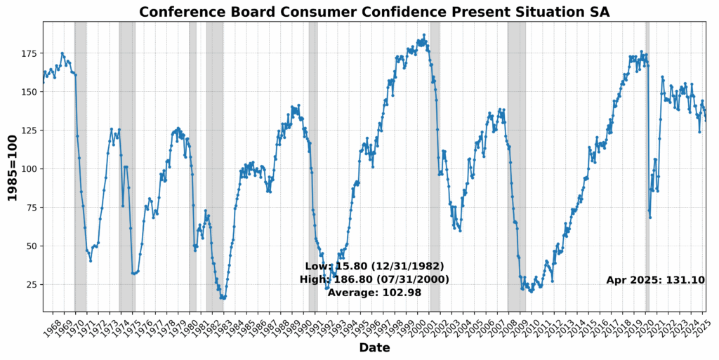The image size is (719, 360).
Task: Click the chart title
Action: point(374,12)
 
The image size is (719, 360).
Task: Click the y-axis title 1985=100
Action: point(12,166)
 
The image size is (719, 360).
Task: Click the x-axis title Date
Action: point(374,348)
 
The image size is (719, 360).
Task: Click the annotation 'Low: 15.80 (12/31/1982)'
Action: point(374,267)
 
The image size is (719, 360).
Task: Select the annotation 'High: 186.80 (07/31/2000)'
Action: point(374,279)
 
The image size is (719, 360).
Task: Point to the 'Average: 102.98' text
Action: point(374,293)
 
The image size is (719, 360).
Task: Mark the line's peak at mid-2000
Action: point(423,35)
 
